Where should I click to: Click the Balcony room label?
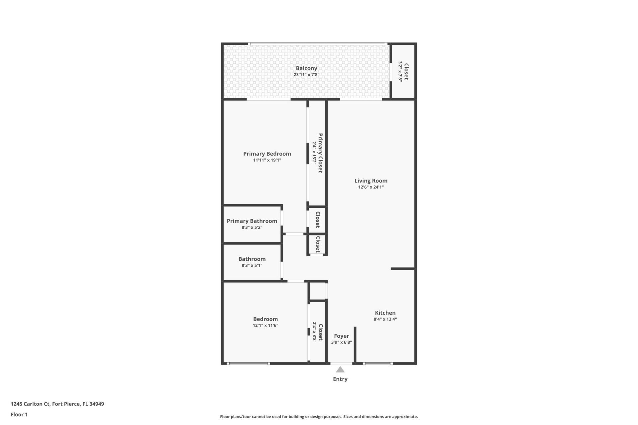click(x=306, y=68)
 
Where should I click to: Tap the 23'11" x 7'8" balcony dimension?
click(x=306, y=75)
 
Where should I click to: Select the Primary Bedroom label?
click(x=267, y=154)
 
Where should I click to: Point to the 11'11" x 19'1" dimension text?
click(x=267, y=160)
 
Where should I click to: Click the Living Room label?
click(x=371, y=181)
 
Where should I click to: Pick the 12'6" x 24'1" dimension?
click(x=371, y=187)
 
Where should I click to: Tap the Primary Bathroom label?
click(x=252, y=221)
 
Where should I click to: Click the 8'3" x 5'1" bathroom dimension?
click(x=252, y=265)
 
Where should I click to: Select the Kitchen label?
click(x=385, y=313)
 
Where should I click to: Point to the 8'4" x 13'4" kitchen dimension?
click(x=385, y=319)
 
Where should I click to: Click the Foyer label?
click(x=341, y=336)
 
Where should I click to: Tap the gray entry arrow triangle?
click(x=340, y=370)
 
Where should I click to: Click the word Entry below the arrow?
click(x=340, y=379)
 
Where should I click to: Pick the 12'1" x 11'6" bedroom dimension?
click(x=265, y=325)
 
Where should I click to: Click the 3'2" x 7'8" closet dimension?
click(x=400, y=71)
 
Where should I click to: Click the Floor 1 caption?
click(x=19, y=414)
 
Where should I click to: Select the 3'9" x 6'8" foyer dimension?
click(x=341, y=342)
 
